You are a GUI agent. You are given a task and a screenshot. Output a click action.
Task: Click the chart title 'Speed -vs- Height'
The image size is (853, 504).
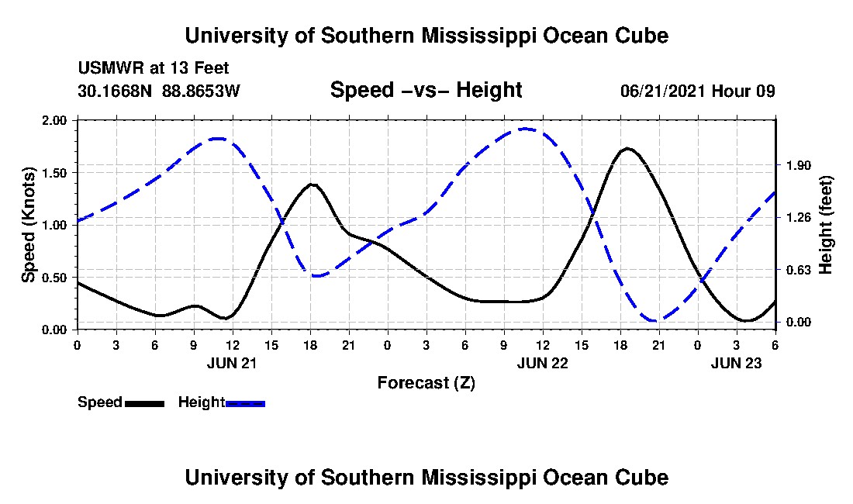click(426, 90)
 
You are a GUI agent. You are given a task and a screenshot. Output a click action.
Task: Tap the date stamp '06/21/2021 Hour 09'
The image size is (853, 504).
click(697, 91)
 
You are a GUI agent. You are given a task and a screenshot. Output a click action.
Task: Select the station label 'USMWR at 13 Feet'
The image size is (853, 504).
click(153, 68)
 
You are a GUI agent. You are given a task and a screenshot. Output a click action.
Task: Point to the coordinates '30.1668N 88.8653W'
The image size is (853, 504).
click(159, 91)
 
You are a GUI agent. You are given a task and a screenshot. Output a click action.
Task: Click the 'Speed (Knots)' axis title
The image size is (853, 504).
click(29, 225)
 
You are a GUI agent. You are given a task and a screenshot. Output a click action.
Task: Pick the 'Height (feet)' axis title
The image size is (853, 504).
click(825, 225)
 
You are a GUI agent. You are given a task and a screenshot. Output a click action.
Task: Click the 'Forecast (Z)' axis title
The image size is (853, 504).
click(426, 382)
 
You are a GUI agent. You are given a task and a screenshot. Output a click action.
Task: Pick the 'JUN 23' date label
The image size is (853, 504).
click(737, 362)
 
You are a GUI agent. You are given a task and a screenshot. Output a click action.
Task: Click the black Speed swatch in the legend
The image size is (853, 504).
click(143, 403)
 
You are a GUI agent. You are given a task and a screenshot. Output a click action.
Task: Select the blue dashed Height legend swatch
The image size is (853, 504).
click(245, 403)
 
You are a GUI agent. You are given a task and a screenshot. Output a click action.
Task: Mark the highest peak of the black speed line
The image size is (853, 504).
click(627, 148)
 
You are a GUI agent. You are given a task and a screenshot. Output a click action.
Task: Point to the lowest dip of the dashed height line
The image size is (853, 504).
click(656, 320)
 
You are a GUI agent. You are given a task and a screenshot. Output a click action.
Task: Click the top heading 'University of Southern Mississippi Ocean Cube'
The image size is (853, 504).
click(426, 36)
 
